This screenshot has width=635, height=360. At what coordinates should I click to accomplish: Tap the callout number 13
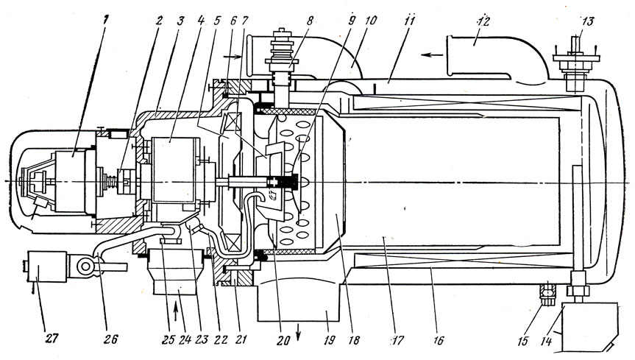coord(587,21)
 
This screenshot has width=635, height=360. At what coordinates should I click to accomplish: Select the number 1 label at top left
coord(106,20)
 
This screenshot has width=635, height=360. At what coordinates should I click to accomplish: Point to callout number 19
coord(330,339)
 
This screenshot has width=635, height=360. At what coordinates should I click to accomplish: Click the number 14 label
coord(546,342)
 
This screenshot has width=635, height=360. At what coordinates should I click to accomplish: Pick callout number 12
coord(483,21)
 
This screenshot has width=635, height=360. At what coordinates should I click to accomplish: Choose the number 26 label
coord(110,339)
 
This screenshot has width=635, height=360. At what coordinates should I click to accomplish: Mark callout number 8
coord(310,21)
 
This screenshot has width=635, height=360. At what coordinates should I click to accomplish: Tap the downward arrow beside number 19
coord(299,331)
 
